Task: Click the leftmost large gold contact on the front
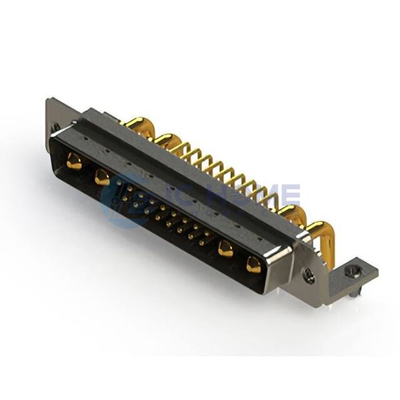(74, 161)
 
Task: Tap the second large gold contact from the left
(102, 177)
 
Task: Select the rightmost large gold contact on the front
(253, 264)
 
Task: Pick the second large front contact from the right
(225, 249)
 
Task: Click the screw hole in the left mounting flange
(57, 126)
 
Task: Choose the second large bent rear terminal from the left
(165, 139)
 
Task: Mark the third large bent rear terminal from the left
(291, 213)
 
